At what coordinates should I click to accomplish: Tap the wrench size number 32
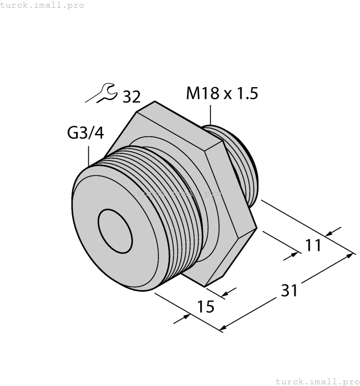[x=131, y=96]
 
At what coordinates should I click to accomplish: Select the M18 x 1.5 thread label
[x=222, y=93]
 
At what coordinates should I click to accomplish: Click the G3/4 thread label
[x=85, y=133]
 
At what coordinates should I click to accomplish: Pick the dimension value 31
[x=288, y=289]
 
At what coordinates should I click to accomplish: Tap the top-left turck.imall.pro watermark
[x=42, y=5]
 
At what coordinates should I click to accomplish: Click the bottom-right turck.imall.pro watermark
[x=316, y=381]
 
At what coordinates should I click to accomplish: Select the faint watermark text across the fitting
[x=179, y=194]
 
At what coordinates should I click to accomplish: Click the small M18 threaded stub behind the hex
[x=243, y=165]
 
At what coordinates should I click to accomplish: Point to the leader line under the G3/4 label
[x=88, y=154]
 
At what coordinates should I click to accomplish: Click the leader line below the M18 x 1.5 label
[x=210, y=114]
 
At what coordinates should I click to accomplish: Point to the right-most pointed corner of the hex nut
[x=257, y=227]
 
